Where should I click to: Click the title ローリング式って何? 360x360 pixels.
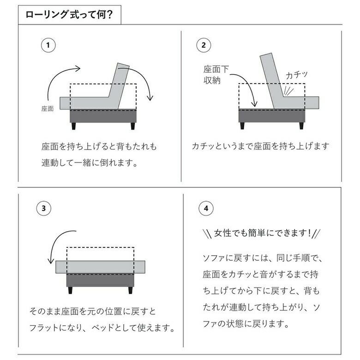[69, 15]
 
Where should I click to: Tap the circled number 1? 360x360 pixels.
[48, 45]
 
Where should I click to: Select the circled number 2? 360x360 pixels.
[204, 45]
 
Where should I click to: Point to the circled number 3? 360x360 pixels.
[44, 208]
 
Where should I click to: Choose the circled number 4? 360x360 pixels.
[206, 208]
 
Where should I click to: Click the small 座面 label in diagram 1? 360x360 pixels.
[48, 108]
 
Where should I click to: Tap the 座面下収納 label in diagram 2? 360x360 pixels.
[216, 75]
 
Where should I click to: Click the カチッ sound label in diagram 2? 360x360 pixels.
[296, 75]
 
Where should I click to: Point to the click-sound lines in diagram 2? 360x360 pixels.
[288, 91]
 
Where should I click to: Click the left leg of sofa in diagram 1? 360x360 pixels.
[73, 126]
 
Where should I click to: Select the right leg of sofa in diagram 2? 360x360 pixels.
[301, 126]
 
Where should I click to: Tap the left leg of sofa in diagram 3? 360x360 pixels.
[70, 290]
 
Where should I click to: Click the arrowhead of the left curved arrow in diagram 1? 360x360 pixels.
[78, 68]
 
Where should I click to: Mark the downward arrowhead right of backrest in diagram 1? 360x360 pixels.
[150, 98]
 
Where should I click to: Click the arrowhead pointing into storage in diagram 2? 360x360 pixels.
[254, 104]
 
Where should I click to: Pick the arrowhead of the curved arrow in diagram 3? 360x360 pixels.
[50, 261]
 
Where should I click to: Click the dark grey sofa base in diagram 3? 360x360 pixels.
[100, 280]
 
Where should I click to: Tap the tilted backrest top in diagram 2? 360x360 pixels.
[266, 55]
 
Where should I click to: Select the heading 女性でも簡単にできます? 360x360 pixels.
[262, 233]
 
